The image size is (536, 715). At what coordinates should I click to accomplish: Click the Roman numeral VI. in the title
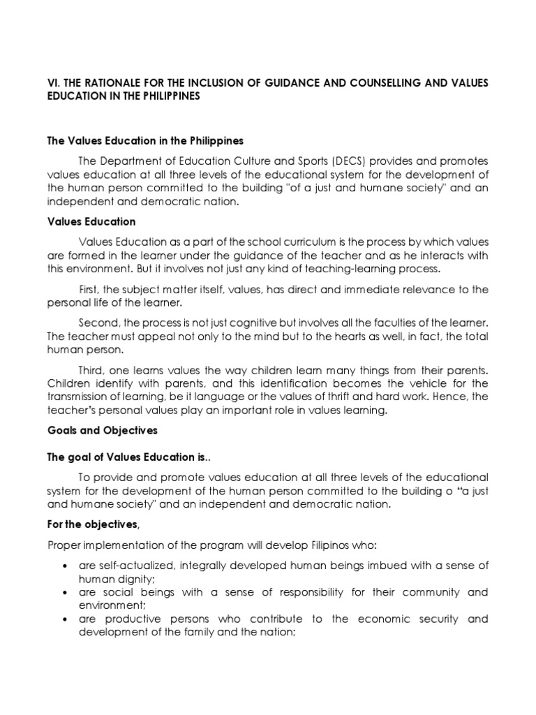pyautogui.click(x=54, y=83)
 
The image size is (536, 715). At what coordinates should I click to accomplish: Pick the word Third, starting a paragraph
pyautogui.click(x=92, y=370)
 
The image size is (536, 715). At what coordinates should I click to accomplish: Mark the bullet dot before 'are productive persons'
pyautogui.click(x=64, y=620)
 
